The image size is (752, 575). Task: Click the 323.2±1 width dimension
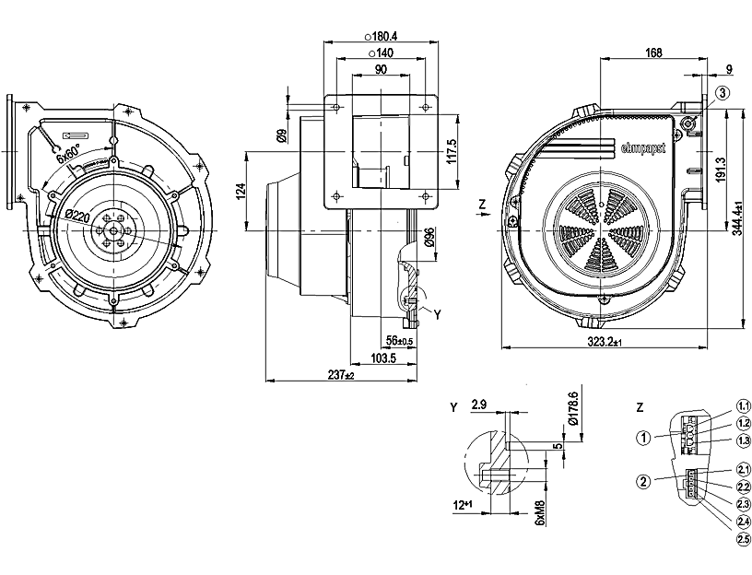605,342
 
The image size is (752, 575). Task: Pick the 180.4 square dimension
386,36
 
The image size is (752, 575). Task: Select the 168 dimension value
653,52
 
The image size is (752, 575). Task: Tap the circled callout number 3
723,91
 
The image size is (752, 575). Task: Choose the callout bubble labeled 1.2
744,422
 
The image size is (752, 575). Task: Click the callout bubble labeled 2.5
744,539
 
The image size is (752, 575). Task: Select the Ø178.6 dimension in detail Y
576,409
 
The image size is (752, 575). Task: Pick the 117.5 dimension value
452,150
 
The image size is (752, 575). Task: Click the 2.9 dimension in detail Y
479,405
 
